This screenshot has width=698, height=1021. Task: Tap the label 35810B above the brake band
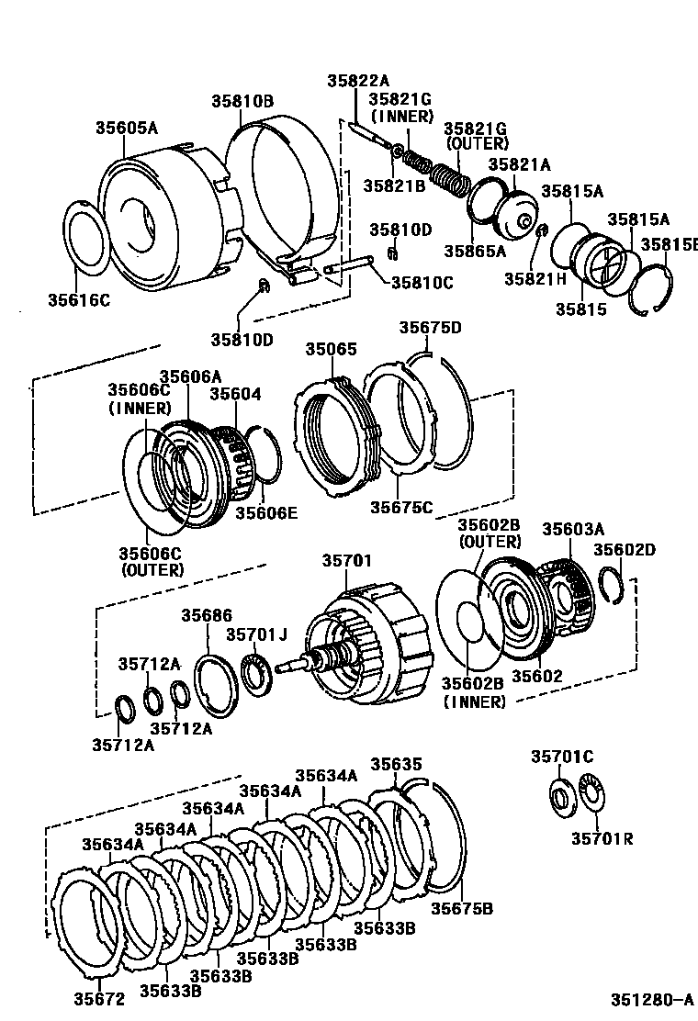(x=242, y=102)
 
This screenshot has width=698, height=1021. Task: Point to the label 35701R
(x=602, y=838)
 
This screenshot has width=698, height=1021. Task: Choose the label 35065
(x=332, y=350)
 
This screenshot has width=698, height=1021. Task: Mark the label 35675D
(x=430, y=328)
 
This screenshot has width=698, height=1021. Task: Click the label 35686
(x=207, y=616)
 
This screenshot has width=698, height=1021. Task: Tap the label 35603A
(x=573, y=529)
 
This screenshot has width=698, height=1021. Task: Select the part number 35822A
(x=358, y=81)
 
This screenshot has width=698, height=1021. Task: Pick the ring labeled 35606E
(x=265, y=454)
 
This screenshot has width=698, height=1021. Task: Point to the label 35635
(x=396, y=764)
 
